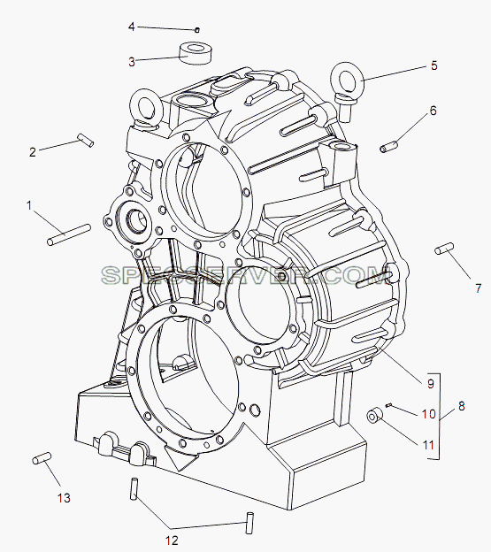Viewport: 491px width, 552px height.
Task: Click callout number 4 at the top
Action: [x=132, y=27]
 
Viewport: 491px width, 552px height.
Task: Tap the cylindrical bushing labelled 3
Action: [x=195, y=53]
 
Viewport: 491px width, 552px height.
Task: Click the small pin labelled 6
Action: [x=389, y=147]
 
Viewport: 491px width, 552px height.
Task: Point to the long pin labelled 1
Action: [x=69, y=234]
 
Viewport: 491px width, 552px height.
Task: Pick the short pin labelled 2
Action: [x=86, y=140]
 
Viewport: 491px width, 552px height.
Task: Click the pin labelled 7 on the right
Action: [x=444, y=249]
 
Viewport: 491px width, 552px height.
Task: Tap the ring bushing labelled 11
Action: [x=374, y=415]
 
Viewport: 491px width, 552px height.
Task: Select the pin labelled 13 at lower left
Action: [x=42, y=458]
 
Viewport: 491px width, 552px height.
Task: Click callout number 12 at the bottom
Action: [x=172, y=540]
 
